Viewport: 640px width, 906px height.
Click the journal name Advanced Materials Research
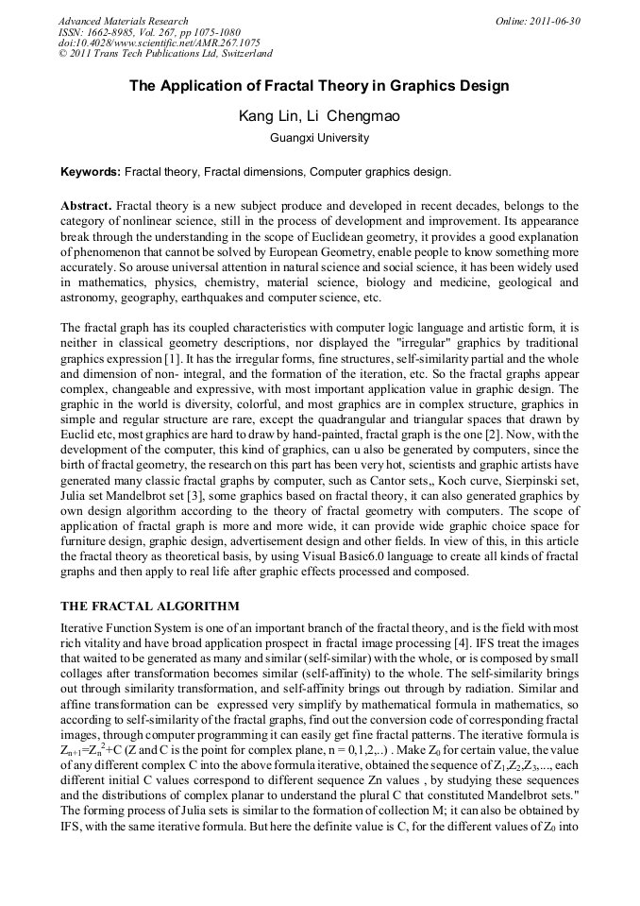click(123, 21)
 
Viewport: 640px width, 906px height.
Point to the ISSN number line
click(143, 32)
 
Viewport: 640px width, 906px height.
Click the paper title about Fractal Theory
click(319, 86)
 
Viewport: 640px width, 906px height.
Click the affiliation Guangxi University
click(319, 138)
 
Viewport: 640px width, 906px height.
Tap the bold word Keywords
click(90, 172)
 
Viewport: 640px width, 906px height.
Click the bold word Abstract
click(87, 206)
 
